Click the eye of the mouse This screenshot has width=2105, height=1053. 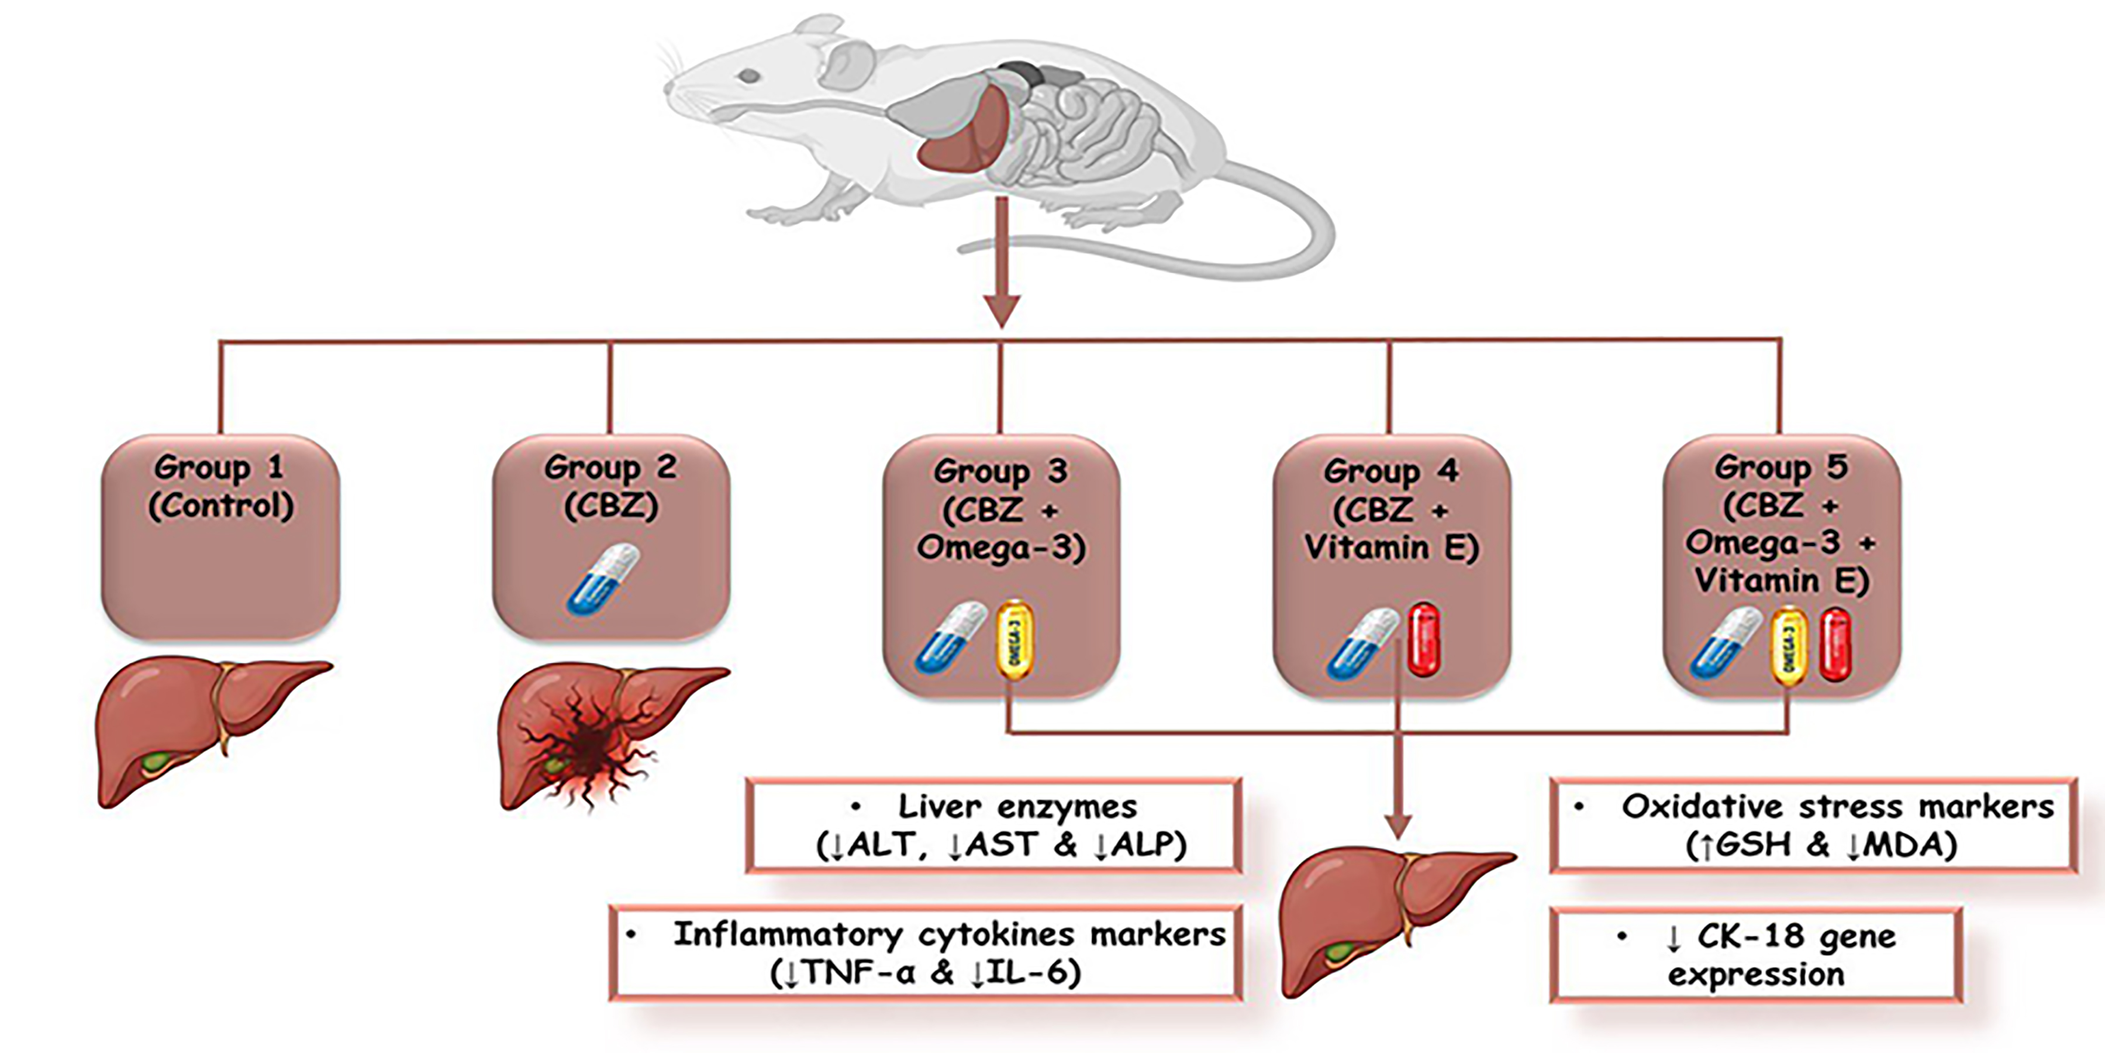748,77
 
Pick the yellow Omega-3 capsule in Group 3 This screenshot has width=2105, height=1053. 1015,640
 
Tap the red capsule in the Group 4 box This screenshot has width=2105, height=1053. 1423,640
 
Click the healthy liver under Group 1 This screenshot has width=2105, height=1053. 204,728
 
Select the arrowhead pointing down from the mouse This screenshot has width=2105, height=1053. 1001,310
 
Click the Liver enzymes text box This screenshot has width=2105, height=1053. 993,825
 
